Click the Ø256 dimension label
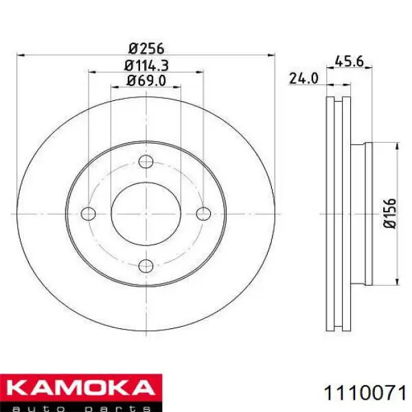146,49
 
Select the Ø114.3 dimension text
146,65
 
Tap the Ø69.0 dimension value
146,80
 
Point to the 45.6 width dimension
350,62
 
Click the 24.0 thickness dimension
304,78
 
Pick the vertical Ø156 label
389,214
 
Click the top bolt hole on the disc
146,161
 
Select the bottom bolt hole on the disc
146,266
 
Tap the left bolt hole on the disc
89,214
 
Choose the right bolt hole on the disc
203,214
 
